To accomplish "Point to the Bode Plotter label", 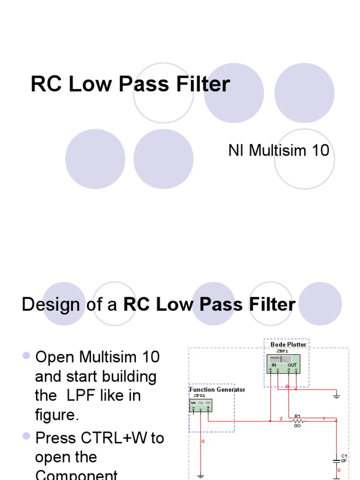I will point(288,345).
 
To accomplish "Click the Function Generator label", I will point(217,390).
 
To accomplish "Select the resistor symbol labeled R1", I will point(298,421).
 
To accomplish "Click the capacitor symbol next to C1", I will point(336,461).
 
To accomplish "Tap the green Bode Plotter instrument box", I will point(284,364).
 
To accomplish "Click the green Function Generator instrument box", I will point(201,406).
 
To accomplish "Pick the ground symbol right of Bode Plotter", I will point(336,396).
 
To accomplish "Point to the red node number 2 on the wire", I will point(281,418).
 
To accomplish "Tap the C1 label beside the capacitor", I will point(344,456).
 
